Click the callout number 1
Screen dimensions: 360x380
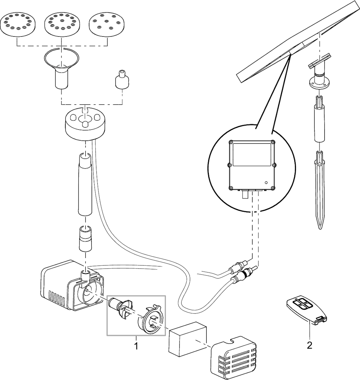[136, 346]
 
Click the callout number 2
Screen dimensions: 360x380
[310, 345]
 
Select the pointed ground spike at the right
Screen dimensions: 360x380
[320, 189]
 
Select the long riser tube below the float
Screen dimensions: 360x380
[85, 184]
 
